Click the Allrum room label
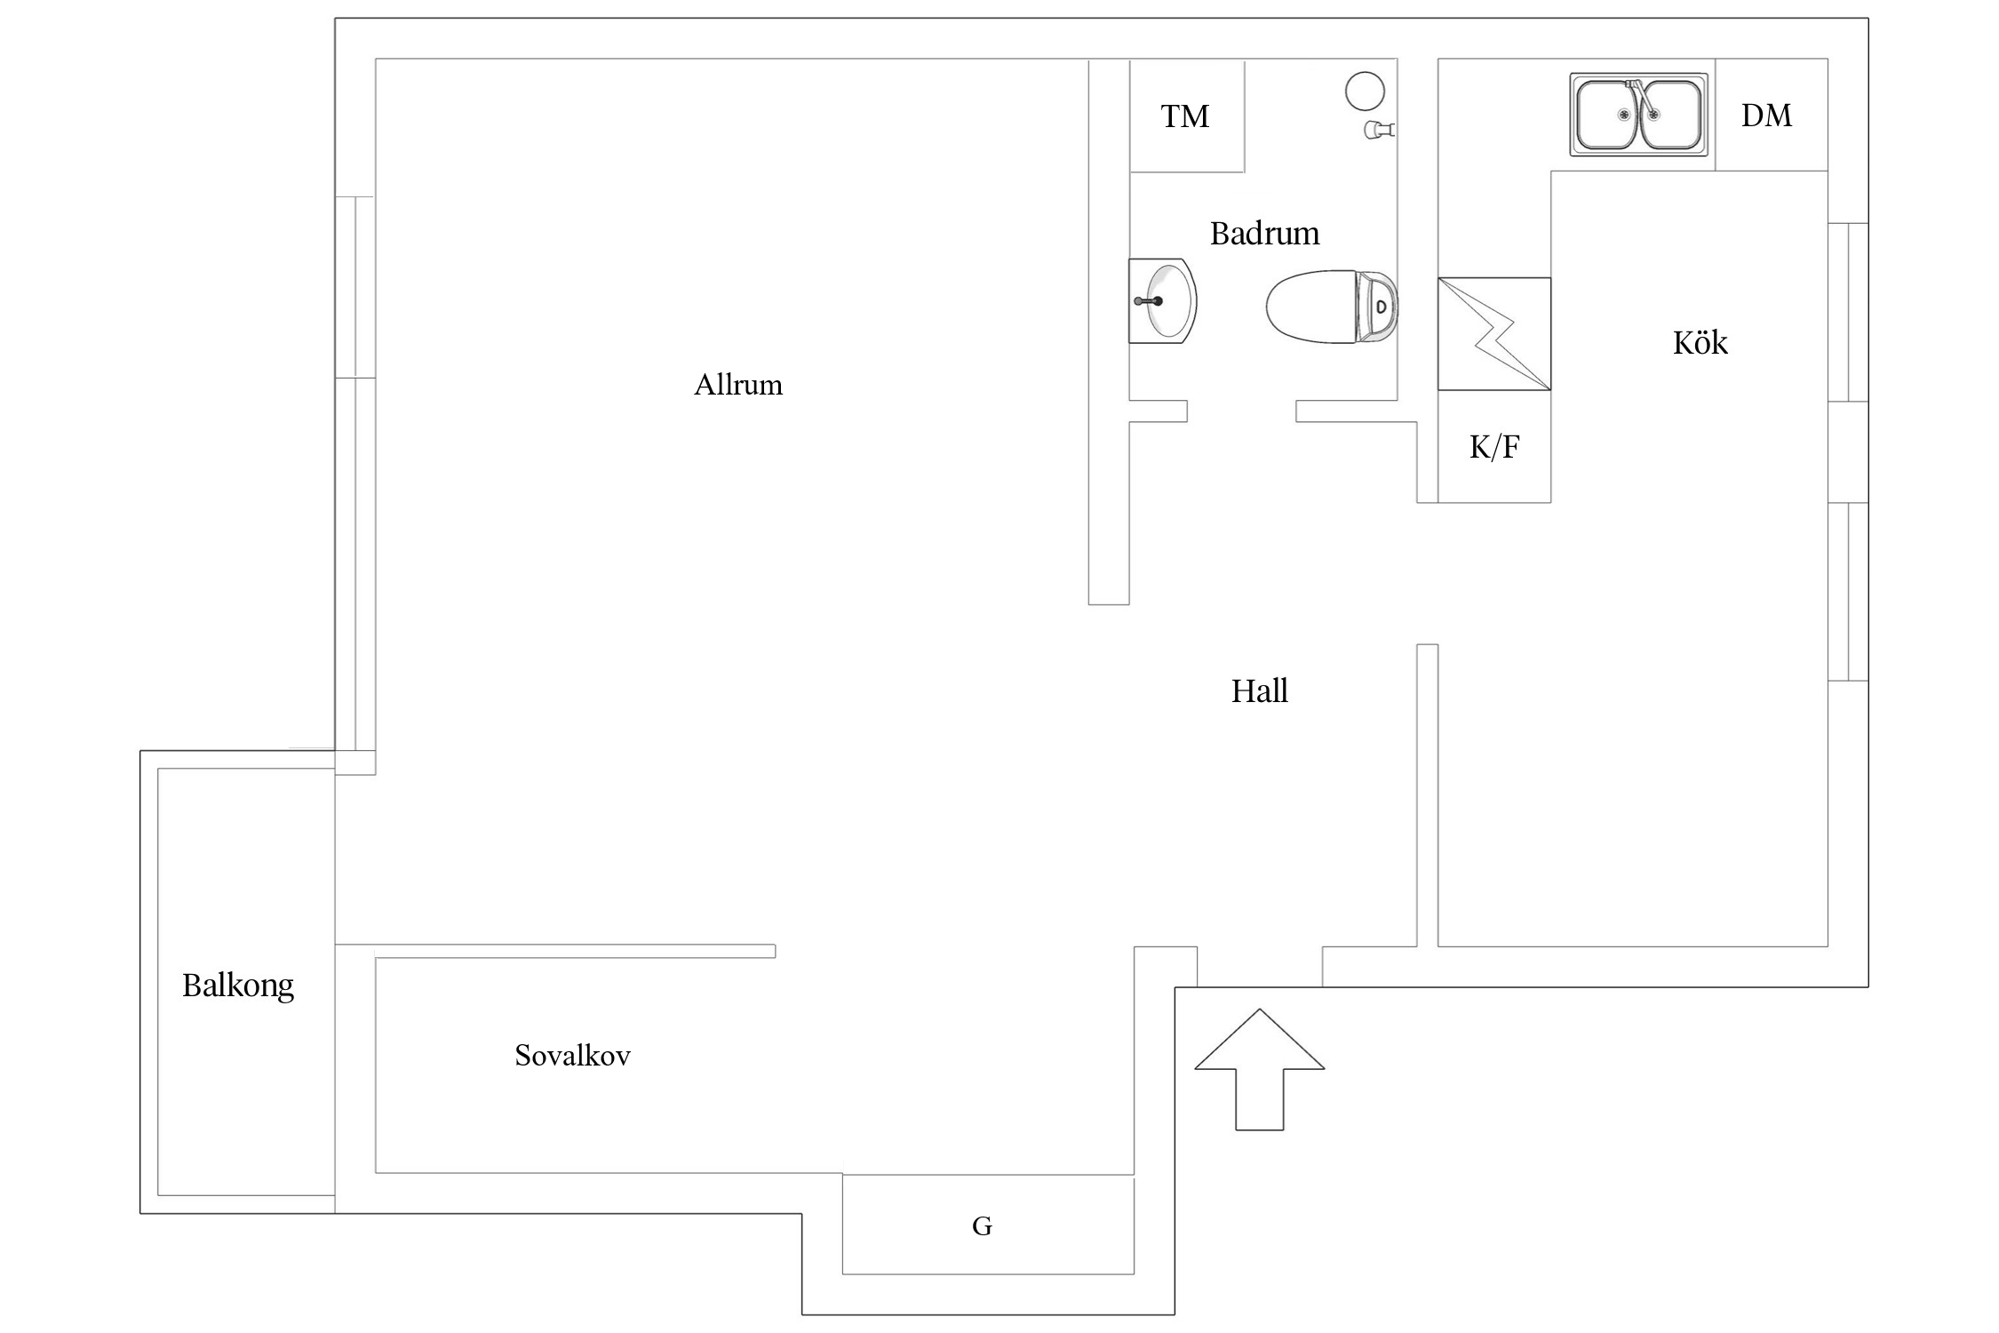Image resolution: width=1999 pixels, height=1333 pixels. coord(738,385)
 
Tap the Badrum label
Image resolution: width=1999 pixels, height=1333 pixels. coord(1264,234)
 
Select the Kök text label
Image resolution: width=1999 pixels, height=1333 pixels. coord(1700,342)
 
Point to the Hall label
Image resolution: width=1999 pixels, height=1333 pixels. coord(1259,690)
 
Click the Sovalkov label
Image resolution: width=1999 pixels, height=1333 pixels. coord(572,1055)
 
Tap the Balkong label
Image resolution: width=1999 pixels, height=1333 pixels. coord(238,986)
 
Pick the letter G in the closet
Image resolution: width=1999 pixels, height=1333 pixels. coord(982,1226)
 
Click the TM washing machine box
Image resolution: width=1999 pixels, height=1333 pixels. coord(1187,116)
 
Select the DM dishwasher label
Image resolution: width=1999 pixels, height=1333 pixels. coord(1766,116)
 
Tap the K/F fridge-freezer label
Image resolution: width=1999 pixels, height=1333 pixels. coord(1494,446)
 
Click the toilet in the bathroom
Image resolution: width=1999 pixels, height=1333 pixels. coord(1332,307)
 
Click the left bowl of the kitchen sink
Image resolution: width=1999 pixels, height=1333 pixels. coord(1606,116)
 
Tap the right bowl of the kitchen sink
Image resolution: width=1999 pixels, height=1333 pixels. coord(1670,116)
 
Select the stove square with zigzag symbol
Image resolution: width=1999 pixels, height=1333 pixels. coord(1494,334)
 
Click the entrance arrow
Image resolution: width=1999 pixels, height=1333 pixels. coord(1260,1069)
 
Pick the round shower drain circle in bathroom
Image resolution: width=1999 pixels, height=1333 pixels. coord(1365,91)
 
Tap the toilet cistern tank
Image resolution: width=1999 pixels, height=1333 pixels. coord(1377,307)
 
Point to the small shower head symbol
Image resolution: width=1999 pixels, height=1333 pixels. coord(1380,130)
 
